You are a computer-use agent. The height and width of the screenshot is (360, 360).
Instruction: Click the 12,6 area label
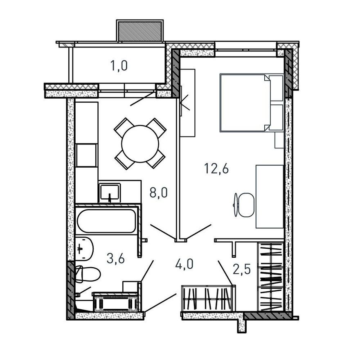pos(216,169)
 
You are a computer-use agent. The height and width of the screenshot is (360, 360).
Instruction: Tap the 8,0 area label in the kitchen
pos(159,192)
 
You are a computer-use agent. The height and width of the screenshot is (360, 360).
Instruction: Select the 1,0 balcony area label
pos(119,66)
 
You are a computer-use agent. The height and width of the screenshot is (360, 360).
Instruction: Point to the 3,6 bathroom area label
pos(115,259)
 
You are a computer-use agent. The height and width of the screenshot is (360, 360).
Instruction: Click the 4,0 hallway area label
pos(184,264)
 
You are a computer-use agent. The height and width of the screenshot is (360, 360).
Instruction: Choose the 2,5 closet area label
pos(241,269)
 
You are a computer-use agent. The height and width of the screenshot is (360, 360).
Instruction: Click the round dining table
pos(140,144)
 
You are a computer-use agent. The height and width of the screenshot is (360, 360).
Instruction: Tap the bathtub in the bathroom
pos(106,221)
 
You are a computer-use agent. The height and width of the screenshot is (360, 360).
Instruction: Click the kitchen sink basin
pos(110,192)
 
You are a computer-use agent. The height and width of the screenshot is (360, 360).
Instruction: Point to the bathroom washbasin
pos(84,249)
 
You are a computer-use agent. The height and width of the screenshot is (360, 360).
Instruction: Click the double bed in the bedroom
pos(252,103)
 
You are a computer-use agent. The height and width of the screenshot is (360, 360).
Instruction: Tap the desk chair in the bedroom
pos(244,205)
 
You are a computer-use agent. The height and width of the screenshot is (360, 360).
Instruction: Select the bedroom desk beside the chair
pos(270,196)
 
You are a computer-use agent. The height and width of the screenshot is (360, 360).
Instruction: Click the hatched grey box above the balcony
pos(140,31)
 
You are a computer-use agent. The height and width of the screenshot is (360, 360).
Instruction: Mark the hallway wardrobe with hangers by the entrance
pos(209,298)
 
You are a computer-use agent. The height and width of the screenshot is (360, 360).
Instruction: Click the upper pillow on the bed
pos(276,88)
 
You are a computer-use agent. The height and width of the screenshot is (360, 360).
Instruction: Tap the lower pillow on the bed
pos(276,117)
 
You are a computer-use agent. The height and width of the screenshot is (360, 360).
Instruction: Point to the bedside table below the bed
pos(279,140)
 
